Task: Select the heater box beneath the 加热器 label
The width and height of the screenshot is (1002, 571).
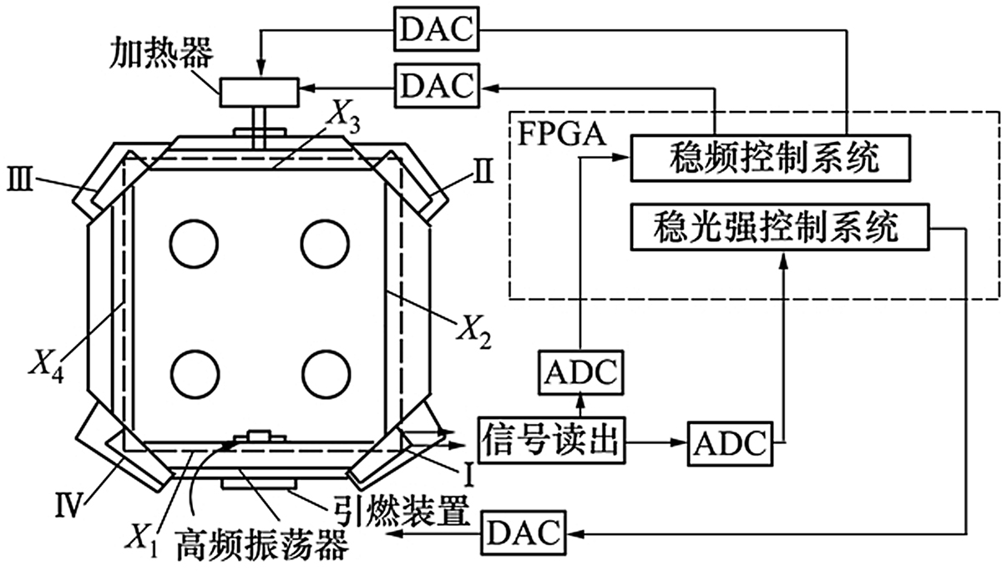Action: tap(259, 91)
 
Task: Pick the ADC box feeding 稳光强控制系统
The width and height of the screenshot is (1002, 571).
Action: tap(728, 442)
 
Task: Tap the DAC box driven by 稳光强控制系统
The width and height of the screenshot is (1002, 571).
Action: tap(524, 531)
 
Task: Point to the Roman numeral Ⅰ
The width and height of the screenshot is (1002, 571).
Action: tap(469, 476)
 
